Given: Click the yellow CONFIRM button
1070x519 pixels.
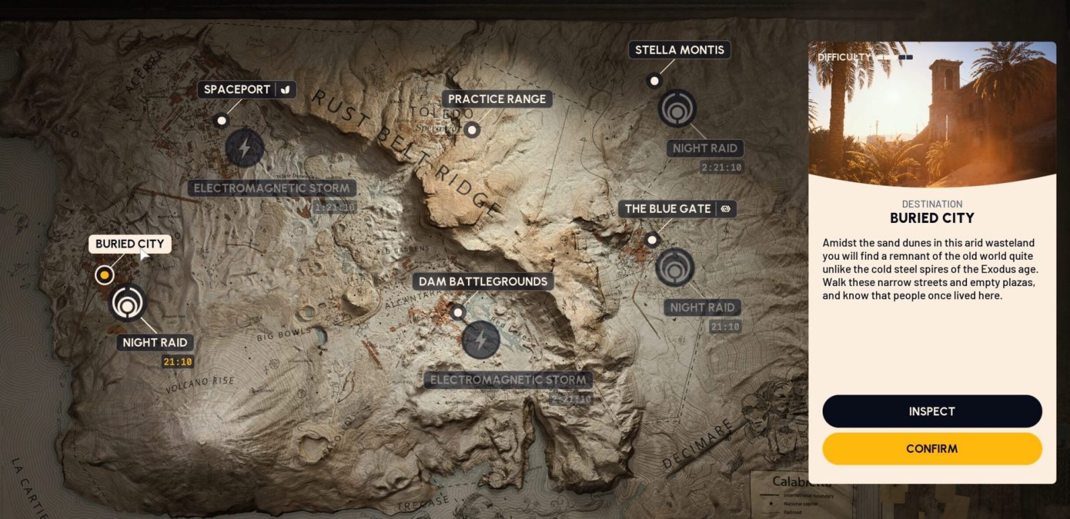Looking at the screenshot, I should (x=932, y=449).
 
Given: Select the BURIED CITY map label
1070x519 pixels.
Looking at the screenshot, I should (x=130, y=244).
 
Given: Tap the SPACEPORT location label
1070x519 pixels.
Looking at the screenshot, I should (x=237, y=89).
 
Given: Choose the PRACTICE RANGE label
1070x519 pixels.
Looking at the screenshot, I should (x=496, y=99).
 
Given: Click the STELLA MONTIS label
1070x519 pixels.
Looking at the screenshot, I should (x=679, y=50).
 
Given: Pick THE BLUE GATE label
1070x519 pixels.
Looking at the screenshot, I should (x=667, y=209).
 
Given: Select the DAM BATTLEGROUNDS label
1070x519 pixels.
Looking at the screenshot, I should (x=482, y=281).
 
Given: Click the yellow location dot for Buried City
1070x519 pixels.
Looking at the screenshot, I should (x=104, y=275).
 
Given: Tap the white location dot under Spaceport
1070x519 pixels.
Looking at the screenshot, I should (x=221, y=121).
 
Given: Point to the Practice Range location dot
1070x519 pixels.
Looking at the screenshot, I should (x=472, y=130).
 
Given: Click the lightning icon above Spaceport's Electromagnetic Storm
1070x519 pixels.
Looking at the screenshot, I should (x=244, y=147).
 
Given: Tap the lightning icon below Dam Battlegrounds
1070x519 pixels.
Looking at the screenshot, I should (x=480, y=340).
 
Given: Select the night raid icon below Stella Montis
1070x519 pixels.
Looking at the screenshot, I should (x=677, y=108).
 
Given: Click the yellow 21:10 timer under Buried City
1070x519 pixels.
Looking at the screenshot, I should (x=177, y=362).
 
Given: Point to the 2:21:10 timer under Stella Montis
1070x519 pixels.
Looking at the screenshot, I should (x=721, y=167).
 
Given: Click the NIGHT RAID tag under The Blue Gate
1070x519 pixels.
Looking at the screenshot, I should (x=702, y=307).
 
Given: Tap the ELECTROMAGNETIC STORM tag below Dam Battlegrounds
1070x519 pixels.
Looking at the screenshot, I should (x=508, y=380).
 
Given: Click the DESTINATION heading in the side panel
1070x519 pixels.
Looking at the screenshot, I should (x=932, y=204).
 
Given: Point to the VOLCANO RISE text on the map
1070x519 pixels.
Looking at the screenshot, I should (x=200, y=384).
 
